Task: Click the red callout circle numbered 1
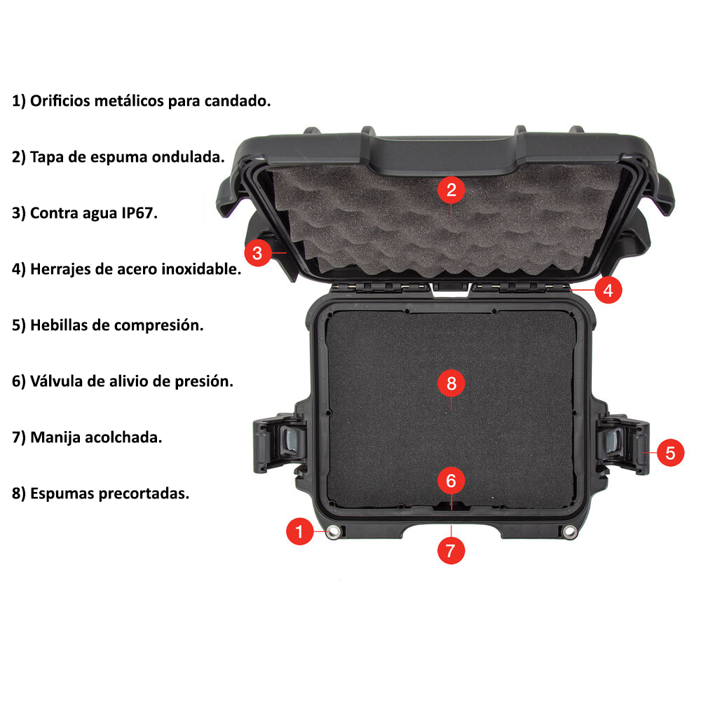point(299,531)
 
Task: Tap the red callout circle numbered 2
point(451,190)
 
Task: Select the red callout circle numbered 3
point(257,253)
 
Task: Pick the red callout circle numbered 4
point(608,290)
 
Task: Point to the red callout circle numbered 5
point(670,452)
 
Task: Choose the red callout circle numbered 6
point(451,481)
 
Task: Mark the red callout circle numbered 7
point(451,550)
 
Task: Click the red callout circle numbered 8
point(451,383)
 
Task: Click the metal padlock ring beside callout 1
point(333,531)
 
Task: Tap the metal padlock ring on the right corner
point(569,531)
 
